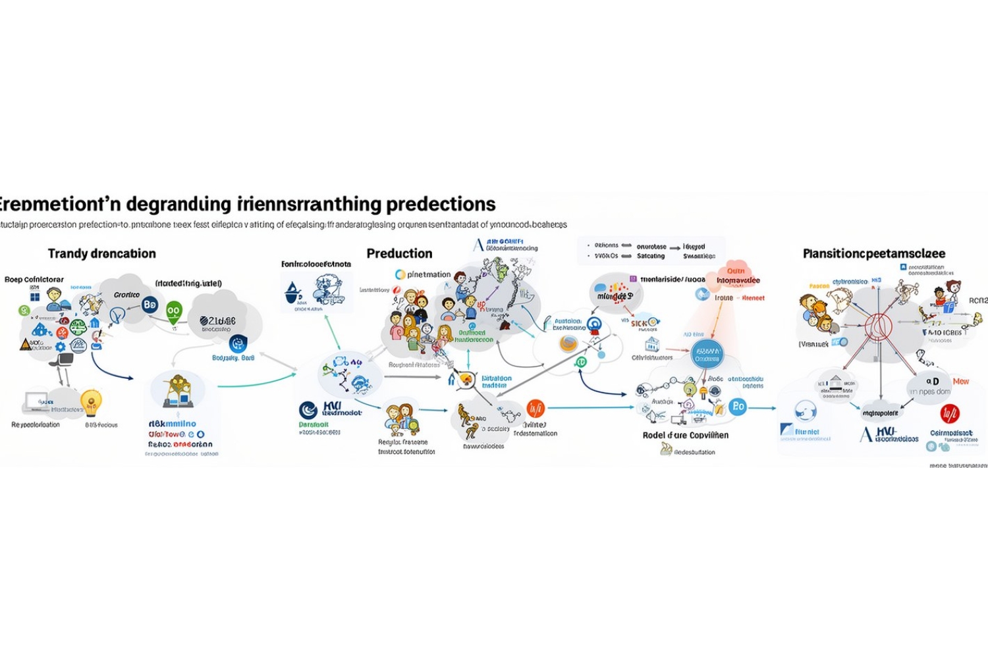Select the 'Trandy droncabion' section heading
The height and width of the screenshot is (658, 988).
[102, 253]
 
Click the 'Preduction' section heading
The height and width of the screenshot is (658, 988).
[399, 253]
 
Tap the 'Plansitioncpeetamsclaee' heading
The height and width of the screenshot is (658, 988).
[874, 253]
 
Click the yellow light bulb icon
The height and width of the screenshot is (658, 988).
[91, 399]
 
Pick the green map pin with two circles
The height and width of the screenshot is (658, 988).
[173, 311]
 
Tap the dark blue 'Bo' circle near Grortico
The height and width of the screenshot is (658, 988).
[150, 304]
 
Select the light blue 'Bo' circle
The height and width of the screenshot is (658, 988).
[738, 406]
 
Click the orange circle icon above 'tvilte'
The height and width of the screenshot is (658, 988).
[535, 409]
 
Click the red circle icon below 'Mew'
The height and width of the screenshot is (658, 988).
[949, 413]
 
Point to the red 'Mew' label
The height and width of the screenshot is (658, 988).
[961, 381]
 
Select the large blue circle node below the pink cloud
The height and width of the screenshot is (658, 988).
[707, 355]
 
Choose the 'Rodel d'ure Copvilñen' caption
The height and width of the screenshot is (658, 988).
[685, 435]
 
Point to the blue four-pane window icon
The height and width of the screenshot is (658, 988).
[35, 297]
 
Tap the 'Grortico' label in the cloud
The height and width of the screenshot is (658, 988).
[126, 295]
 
